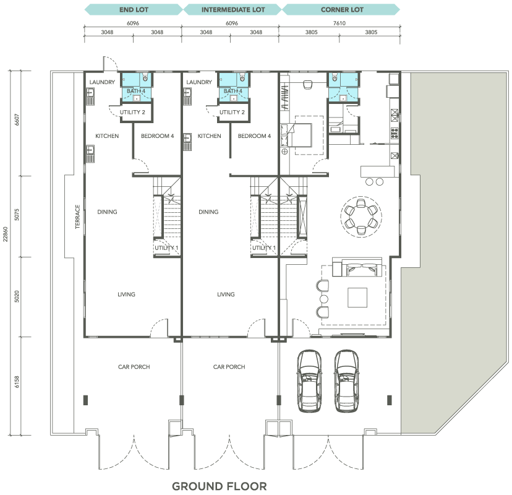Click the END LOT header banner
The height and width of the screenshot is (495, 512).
[x=134, y=9]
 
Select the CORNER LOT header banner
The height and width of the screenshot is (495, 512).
[x=341, y=9]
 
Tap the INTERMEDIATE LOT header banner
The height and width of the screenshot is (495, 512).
[x=233, y=9]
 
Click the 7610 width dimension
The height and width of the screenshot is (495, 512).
[x=339, y=23]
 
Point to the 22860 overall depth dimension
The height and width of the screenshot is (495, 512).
[x=5, y=234]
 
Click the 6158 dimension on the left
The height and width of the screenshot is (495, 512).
[x=17, y=382]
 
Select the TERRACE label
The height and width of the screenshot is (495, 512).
[x=77, y=217]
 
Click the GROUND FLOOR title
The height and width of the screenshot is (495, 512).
[x=220, y=486]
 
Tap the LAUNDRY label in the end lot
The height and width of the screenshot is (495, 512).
[x=102, y=82]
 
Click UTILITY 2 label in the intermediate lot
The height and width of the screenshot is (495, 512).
[x=232, y=112]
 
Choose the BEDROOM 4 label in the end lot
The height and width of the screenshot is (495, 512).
[x=158, y=136]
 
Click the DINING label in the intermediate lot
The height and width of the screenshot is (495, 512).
[x=208, y=212]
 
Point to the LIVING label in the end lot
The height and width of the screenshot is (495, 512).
[x=126, y=295]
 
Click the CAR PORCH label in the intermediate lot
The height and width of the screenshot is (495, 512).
[x=229, y=367]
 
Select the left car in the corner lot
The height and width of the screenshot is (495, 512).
[x=309, y=381]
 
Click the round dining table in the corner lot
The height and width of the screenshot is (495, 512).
[x=361, y=217]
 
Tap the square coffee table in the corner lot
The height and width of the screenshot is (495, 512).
[x=357, y=298]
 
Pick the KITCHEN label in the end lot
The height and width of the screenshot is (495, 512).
[x=107, y=136]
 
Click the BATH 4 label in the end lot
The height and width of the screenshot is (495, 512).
[x=136, y=91]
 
